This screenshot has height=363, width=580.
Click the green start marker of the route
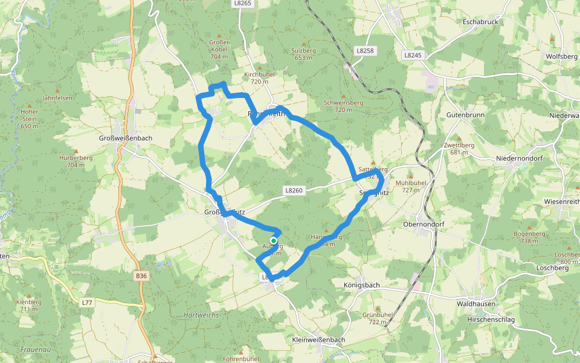274,240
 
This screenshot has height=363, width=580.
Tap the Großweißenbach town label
125,139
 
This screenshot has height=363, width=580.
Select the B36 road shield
141,276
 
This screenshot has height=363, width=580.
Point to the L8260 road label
294,191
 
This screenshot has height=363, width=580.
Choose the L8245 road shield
413,55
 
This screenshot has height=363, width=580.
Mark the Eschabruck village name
478,22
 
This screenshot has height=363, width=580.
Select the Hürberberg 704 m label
76,161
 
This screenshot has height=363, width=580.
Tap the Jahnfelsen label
57,98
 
